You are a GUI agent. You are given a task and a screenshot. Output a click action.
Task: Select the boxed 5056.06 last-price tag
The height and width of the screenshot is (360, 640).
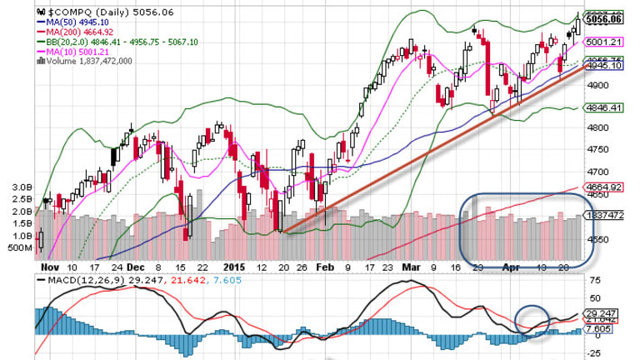pos(603,18)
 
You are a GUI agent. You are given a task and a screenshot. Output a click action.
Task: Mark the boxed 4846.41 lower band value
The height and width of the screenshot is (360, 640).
pos(603,107)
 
